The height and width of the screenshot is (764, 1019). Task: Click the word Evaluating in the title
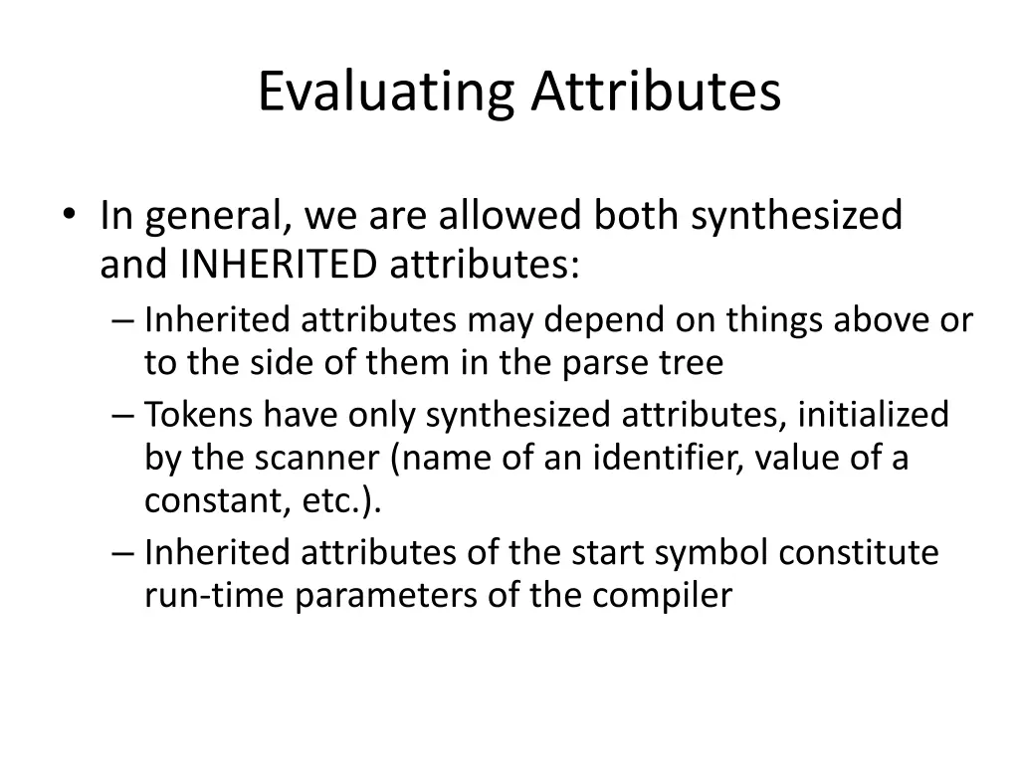[385, 93]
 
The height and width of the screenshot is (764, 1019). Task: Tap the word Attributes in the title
[655, 93]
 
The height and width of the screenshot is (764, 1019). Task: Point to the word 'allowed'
[510, 216]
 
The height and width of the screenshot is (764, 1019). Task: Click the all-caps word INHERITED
[280, 265]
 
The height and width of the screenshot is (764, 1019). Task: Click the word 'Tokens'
[199, 414]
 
